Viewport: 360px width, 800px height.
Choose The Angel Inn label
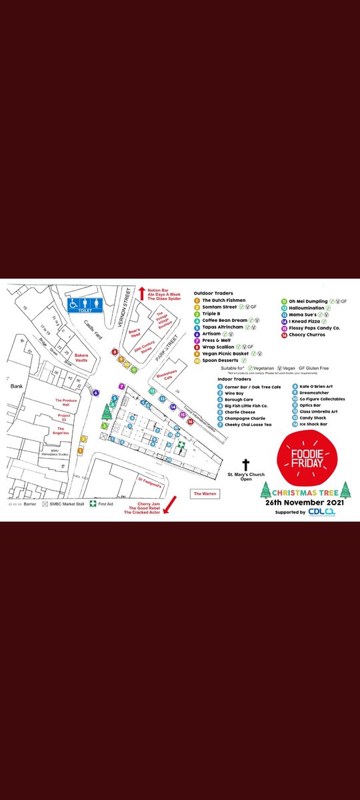coord(67,431)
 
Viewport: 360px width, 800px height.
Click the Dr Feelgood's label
coord(151,479)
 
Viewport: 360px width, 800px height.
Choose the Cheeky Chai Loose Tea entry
coord(248,424)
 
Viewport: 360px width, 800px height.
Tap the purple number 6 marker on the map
coord(95,393)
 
